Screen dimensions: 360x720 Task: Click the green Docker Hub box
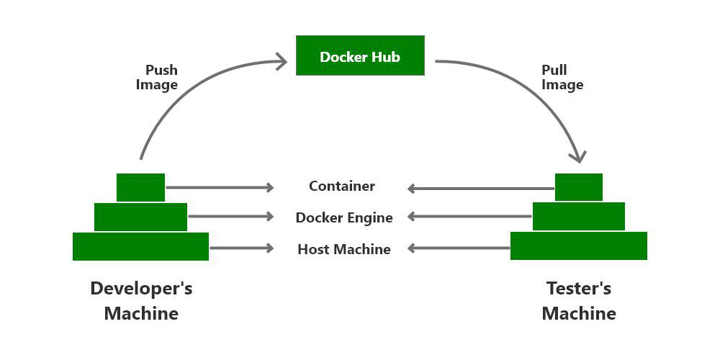360,55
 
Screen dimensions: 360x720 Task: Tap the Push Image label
160,78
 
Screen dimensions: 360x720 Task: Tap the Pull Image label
562,78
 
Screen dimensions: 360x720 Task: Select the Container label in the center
342,186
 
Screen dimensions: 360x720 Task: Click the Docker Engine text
344,217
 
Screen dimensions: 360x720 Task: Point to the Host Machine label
344,249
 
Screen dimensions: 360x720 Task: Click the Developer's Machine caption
141,301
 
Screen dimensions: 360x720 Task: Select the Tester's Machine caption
579,301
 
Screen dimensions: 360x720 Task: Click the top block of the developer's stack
140,187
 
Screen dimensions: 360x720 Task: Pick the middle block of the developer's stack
140,217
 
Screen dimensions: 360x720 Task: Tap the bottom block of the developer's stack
140,246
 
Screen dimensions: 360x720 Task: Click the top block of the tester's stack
579,187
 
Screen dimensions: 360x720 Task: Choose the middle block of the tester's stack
579,216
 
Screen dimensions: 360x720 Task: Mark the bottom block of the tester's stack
579,246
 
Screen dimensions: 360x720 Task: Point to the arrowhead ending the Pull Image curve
579,157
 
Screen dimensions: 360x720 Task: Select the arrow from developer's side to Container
220,188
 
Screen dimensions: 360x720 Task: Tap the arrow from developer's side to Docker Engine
230,216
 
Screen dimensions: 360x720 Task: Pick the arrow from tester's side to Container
480,189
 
